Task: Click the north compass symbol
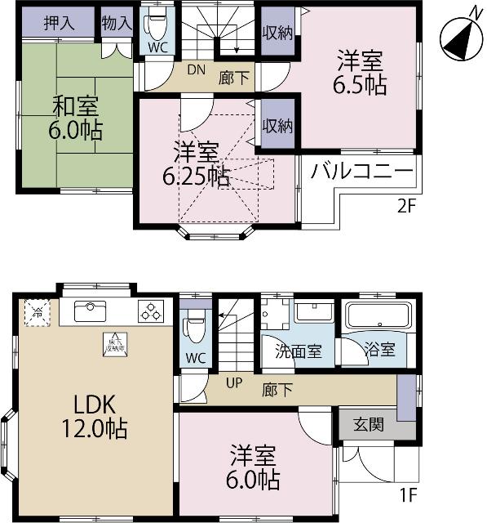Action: pyautogui.click(x=459, y=37)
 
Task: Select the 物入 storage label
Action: pyautogui.click(x=117, y=23)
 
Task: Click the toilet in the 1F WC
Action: pyautogui.click(x=194, y=327)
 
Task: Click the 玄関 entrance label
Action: pyautogui.click(x=369, y=426)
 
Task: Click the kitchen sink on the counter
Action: pyautogui.click(x=87, y=311)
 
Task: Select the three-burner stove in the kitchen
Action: pyautogui.click(x=152, y=311)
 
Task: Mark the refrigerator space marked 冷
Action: pyautogui.click(x=36, y=312)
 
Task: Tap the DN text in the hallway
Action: pyautogui.click(x=196, y=70)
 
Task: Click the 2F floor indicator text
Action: pyautogui.click(x=407, y=206)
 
